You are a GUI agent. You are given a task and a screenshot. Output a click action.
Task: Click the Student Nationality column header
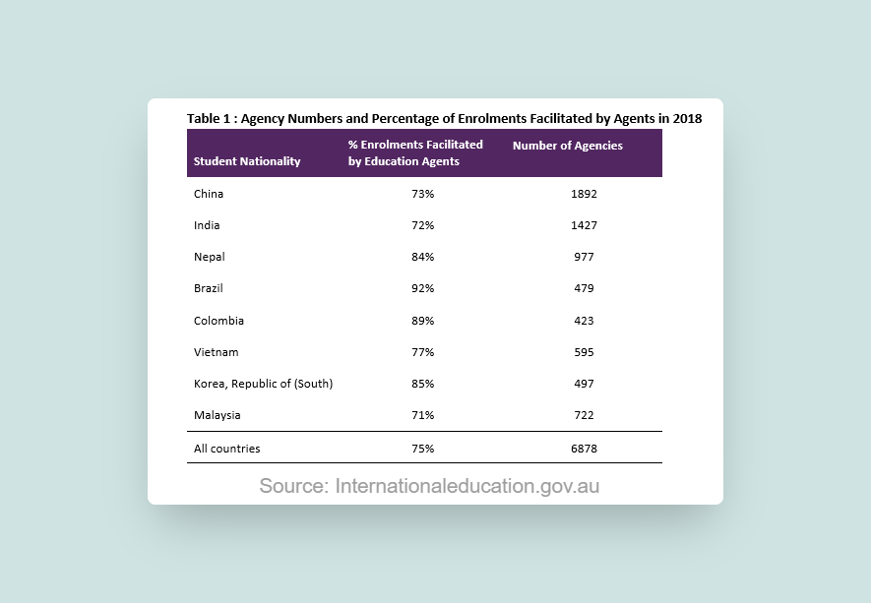[x=247, y=161]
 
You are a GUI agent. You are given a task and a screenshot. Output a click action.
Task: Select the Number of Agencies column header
[x=568, y=146]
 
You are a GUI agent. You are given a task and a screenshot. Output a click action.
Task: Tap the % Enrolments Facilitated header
[x=415, y=152]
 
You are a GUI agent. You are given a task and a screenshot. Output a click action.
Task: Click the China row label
[x=209, y=194]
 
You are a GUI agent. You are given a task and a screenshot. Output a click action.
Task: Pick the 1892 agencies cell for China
[x=584, y=194]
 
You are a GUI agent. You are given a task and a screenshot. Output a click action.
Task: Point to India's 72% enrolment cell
[x=423, y=225]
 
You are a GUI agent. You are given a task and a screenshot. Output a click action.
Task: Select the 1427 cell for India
[x=584, y=225]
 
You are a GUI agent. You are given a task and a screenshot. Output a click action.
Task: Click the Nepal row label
[x=210, y=257]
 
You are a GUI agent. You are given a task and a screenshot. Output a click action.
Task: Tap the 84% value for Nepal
[x=423, y=257]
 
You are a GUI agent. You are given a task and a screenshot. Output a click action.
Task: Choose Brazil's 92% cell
[x=423, y=289]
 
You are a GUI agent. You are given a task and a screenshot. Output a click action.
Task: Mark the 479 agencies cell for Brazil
[x=584, y=289]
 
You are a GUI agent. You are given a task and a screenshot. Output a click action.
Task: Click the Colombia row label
[x=218, y=321]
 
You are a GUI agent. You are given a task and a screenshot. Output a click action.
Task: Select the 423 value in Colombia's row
[x=584, y=321]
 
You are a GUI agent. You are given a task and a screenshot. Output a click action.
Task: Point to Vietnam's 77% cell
[x=423, y=352]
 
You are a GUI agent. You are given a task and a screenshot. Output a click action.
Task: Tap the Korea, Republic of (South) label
[x=263, y=384]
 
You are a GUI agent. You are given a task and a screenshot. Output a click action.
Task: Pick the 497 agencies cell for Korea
[x=584, y=384]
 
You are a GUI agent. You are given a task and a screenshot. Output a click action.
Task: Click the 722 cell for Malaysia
[x=584, y=415]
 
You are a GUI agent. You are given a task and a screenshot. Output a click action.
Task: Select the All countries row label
[x=227, y=449]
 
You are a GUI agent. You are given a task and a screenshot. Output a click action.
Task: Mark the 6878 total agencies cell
[x=584, y=449]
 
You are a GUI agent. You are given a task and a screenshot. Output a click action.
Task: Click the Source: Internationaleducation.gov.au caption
[x=429, y=486]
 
